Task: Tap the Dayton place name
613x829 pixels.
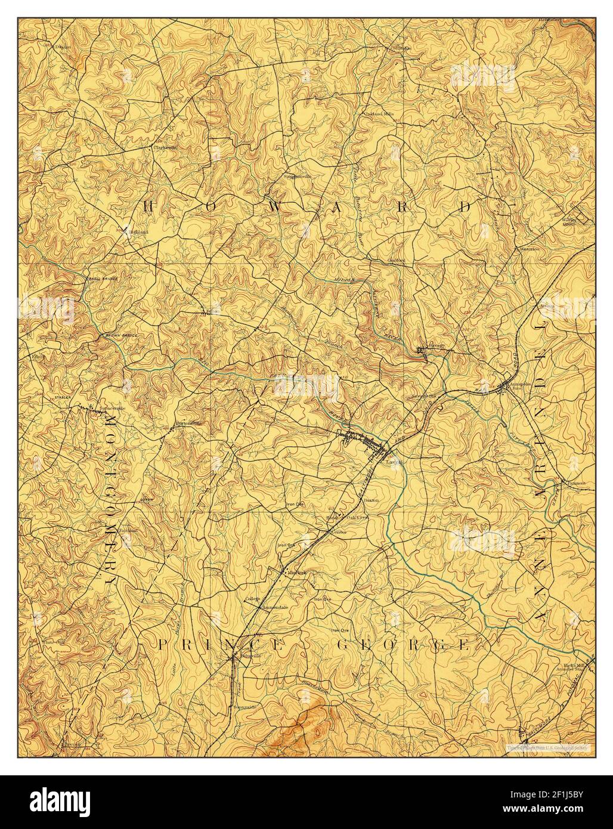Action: pos(63,46)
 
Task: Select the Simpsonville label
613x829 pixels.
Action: pos(298,177)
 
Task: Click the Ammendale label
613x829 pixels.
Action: pos(267,609)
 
